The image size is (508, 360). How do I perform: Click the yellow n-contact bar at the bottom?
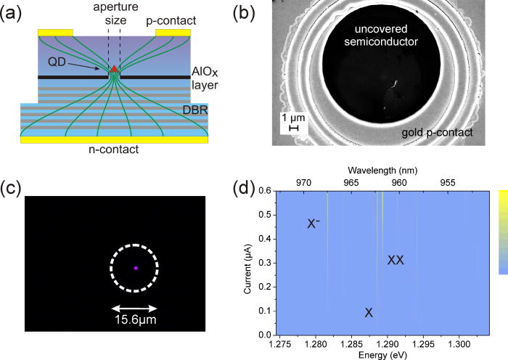point(115,139)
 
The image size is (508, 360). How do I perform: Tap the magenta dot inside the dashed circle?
point(136,268)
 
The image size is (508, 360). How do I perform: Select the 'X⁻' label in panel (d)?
point(314,224)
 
